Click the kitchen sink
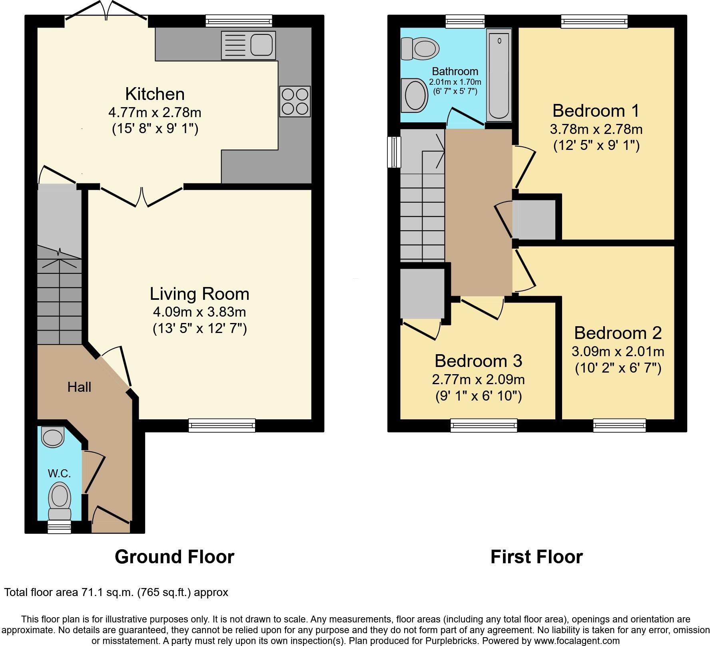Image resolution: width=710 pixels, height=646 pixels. (x=248, y=46)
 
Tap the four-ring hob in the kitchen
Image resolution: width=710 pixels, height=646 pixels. (x=295, y=102)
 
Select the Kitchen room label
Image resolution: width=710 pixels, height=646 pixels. (x=155, y=94)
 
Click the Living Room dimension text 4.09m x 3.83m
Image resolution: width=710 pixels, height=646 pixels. (x=199, y=312)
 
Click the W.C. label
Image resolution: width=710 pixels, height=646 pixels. (x=59, y=474)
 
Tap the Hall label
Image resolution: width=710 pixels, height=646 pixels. (x=79, y=387)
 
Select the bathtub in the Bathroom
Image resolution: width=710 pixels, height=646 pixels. (x=499, y=75)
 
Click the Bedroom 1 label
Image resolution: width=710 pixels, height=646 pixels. (x=596, y=111)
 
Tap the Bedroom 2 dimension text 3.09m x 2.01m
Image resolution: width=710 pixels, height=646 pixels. (x=618, y=352)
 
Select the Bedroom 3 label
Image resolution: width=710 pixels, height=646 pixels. (x=479, y=361)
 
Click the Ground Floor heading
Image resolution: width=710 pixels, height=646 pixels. (x=174, y=557)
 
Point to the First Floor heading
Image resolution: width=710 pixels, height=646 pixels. (x=536, y=557)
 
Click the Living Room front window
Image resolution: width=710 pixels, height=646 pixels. (x=222, y=425)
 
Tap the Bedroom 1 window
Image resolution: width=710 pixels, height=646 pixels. (x=594, y=21)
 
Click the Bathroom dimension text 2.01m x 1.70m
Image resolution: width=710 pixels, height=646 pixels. (x=455, y=82)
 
